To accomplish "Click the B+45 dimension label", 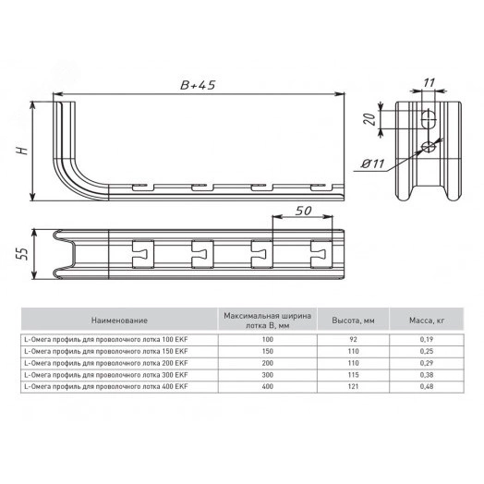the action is point(198,85).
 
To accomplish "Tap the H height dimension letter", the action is point(22,151).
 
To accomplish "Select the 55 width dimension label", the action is point(22,253).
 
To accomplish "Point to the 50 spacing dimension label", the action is point(304,211).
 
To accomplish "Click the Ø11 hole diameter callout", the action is point(373,163).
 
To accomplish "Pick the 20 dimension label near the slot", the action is point(369,119).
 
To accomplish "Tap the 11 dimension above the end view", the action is point(429,83).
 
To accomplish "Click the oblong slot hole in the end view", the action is point(429,119).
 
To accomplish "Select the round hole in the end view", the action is point(430,147).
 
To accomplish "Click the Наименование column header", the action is point(119,321).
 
